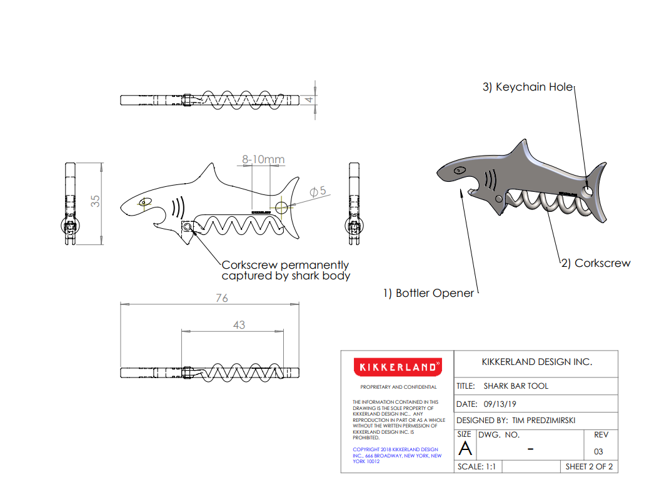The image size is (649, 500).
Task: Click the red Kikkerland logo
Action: point(396,367)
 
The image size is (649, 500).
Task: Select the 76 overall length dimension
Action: point(222,298)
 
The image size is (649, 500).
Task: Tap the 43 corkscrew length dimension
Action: point(239,324)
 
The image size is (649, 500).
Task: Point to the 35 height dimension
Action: point(96,201)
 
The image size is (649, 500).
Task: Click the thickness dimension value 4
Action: point(308,99)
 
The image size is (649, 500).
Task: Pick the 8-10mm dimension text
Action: point(263,160)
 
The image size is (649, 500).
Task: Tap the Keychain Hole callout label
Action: point(527,87)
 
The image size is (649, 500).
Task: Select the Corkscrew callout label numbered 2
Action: point(595,263)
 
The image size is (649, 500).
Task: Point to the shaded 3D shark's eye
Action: point(460,170)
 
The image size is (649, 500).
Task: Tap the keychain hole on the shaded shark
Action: point(588,190)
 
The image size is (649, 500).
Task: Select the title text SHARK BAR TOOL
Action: point(515,386)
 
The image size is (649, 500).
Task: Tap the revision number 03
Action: point(598,451)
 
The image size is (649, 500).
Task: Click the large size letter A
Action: point(465,449)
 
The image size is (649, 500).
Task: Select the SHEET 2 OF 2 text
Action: point(588,466)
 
